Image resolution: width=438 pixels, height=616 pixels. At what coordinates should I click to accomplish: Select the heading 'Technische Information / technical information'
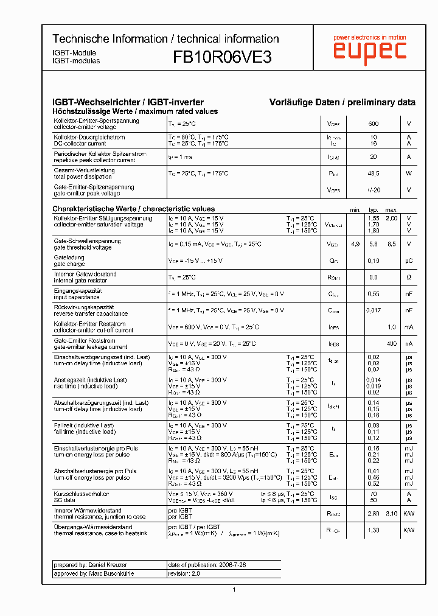[165, 39]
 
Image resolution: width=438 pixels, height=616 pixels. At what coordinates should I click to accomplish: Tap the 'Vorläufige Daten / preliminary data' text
[342, 102]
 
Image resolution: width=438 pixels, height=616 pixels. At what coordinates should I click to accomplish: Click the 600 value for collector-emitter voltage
[374, 124]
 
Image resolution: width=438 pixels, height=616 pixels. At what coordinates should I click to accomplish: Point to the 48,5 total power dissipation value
[374, 173]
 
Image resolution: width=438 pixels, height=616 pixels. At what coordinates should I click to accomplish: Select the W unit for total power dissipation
[409, 173]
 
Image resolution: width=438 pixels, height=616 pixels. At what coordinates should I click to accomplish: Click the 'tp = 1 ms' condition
[181, 157]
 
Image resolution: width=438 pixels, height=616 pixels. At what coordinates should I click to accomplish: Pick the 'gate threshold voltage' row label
[83, 248]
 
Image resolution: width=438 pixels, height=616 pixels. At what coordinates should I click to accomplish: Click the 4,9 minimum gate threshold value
[355, 244]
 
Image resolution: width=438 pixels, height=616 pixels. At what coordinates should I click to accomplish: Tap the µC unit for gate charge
[409, 261]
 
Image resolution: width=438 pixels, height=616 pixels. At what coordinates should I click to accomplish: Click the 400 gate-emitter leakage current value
[392, 344]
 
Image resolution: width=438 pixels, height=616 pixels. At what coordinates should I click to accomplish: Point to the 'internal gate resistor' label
[84, 281]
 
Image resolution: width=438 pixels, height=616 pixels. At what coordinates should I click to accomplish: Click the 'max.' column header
[392, 210]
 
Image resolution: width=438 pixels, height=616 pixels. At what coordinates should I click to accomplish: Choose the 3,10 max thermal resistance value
[392, 514]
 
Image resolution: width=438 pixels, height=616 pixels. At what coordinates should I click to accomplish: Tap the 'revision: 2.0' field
[184, 573]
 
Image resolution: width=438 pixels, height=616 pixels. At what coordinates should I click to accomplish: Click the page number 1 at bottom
[234, 589]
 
